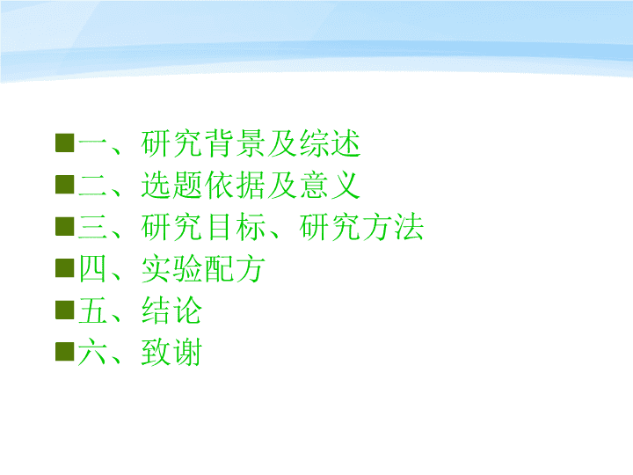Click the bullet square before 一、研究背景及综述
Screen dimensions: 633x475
tap(64, 143)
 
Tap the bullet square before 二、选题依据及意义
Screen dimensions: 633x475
tap(64, 185)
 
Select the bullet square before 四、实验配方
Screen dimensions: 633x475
tap(64, 267)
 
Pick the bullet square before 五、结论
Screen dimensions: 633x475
tap(64, 310)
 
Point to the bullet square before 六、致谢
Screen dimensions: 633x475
tap(64, 351)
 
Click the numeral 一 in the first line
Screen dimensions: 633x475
tap(93, 143)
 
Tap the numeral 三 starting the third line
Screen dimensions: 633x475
tap(93, 227)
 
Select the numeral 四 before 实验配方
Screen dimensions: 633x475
tap(93, 268)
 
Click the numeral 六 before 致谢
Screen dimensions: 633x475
tap(93, 352)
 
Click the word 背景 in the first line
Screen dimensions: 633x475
tap(235, 143)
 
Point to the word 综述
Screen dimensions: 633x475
tap(330, 143)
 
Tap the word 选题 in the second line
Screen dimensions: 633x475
tap(171, 185)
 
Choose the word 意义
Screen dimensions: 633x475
tap(330, 185)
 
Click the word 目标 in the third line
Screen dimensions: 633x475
tap(235, 227)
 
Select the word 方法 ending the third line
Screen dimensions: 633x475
tap(393, 227)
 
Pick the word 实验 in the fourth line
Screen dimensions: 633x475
tap(171, 268)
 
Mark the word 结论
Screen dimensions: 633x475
tap(171, 311)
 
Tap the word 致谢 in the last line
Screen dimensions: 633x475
tap(171, 352)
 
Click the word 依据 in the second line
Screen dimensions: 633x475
tap(235, 185)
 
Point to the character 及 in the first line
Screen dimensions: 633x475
tap(282, 143)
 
